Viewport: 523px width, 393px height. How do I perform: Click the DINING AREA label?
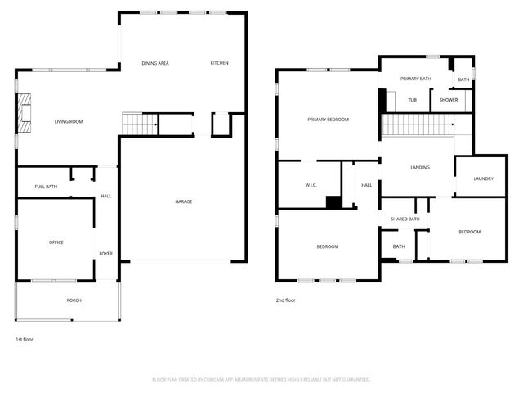tap(154, 63)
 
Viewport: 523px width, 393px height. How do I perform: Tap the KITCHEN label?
tap(219, 63)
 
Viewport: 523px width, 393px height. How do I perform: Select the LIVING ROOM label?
tap(69, 122)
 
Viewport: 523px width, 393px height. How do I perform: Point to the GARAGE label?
tap(183, 201)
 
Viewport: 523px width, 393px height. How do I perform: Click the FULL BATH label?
tap(46, 187)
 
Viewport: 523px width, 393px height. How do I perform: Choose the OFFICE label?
tap(56, 242)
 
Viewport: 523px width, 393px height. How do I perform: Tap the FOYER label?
tap(106, 254)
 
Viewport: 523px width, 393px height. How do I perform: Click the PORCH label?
tap(74, 300)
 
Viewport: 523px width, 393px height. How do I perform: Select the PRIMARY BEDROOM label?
tap(328, 120)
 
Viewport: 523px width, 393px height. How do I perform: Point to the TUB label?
tap(413, 100)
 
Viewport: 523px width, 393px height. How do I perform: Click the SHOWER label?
tap(449, 100)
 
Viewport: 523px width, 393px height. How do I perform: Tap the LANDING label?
tap(420, 168)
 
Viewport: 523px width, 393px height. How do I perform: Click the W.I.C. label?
tap(311, 185)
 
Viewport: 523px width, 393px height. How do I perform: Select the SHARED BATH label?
tap(405, 219)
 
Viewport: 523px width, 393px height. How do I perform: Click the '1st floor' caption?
tap(25, 339)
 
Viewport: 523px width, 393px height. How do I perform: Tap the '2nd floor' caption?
tap(285, 300)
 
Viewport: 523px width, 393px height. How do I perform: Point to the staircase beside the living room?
tap(139, 124)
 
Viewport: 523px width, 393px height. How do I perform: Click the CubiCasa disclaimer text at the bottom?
tap(261, 380)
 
